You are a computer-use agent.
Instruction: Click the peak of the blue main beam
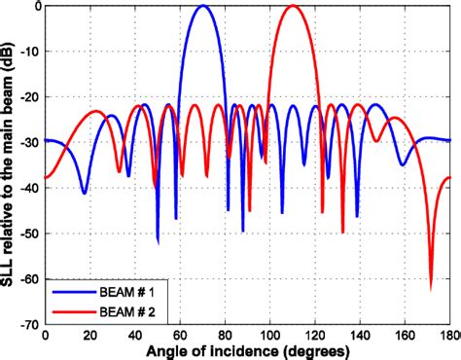[202, 7]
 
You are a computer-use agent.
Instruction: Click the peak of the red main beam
[293, 7]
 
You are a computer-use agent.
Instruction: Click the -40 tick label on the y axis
[29, 188]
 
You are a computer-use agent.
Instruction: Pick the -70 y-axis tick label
[29, 324]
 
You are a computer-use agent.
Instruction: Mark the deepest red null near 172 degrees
[431, 288]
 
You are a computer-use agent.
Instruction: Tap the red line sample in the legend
[79, 310]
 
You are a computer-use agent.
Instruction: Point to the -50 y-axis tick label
[29, 234]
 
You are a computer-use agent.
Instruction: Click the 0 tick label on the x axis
[46, 335]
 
